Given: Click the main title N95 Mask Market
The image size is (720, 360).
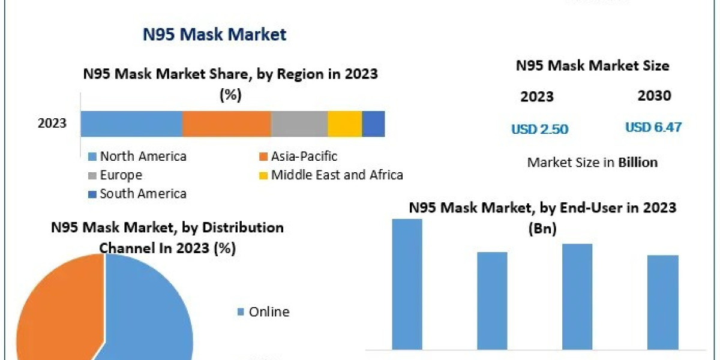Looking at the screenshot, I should [x=215, y=35].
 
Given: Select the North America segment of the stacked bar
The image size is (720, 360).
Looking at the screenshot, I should [x=131, y=124].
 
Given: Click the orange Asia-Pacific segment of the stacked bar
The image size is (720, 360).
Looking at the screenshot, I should [x=226, y=124].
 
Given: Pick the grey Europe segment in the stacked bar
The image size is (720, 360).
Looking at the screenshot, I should [x=299, y=124].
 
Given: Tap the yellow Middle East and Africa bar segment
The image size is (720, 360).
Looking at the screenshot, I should [x=344, y=124].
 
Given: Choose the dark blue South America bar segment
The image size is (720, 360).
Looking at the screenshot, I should [x=373, y=124].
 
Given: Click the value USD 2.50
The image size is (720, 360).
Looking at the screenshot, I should [x=539, y=129].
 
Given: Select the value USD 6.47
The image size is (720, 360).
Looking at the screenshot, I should [x=653, y=128].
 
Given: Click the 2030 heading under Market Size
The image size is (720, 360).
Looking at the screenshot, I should [x=654, y=95].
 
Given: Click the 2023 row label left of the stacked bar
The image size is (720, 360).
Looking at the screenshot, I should [x=52, y=124].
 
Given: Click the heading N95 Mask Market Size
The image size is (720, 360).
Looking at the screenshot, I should [x=592, y=65].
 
